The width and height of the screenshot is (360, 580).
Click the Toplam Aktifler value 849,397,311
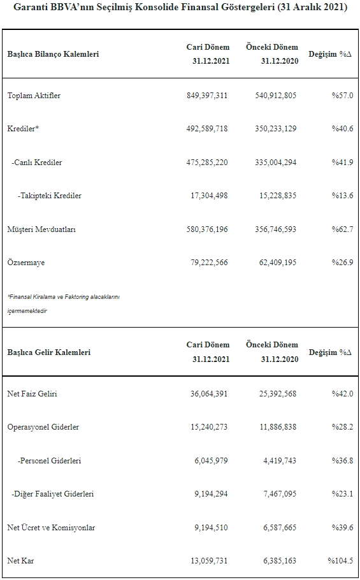[x=207, y=96]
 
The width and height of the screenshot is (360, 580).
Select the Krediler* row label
[x=24, y=129]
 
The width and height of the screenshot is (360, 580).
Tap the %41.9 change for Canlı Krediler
[x=342, y=163]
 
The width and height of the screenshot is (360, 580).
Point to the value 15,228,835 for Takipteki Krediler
[x=275, y=196]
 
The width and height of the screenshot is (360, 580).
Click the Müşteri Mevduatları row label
[x=41, y=229]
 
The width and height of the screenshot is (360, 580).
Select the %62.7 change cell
[x=342, y=229]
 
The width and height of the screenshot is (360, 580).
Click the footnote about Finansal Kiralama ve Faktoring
[x=64, y=303]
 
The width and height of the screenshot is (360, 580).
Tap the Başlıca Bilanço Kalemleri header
[x=54, y=54]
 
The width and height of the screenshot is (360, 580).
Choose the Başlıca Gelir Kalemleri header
[x=49, y=352]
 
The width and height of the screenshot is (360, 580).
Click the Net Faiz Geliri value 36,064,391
[x=209, y=394]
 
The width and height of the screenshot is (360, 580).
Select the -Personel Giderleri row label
[x=50, y=461]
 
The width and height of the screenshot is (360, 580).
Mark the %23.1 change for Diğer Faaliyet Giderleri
[x=342, y=494]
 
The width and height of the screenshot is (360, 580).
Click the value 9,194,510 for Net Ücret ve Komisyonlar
[x=211, y=528]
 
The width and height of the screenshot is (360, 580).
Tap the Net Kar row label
[x=20, y=561]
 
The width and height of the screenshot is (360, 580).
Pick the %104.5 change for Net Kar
[x=340, y=561]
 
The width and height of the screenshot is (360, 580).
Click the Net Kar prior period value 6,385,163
[x=279, y=561]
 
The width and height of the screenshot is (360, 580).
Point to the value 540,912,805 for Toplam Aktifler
[x=275, y=96]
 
